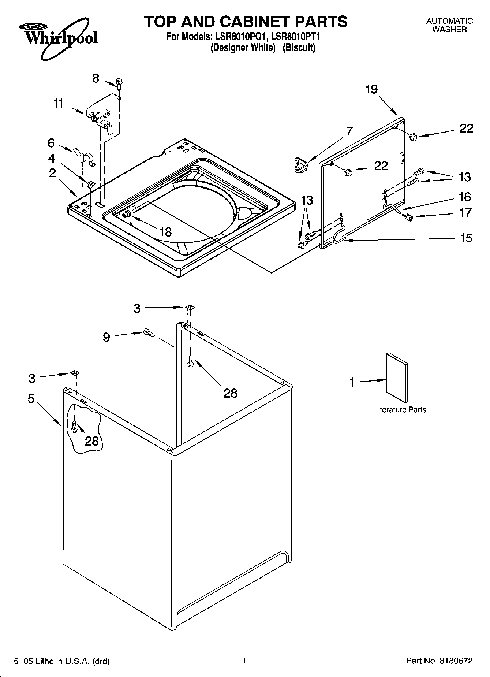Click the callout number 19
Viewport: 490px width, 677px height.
tap(371, 89)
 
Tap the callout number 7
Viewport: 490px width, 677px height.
tap(349, 131)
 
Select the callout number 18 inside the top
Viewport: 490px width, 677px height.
tap(166, 232)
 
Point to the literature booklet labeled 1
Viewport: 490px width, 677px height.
tap(397, 378)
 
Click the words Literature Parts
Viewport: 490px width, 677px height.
tap(400, 410)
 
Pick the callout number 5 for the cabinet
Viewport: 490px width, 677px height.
tap(31, 398)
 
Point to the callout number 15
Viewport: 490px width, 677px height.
tap(465, 238)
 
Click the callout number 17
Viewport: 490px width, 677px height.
tap(465, 212)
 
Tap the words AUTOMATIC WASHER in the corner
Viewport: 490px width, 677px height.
tap(449, 25)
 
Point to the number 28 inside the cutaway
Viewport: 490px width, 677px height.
tap(91, 441)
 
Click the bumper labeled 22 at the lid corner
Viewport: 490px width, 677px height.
tap(414, 137)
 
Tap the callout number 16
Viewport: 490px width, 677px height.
tap(465, 197)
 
